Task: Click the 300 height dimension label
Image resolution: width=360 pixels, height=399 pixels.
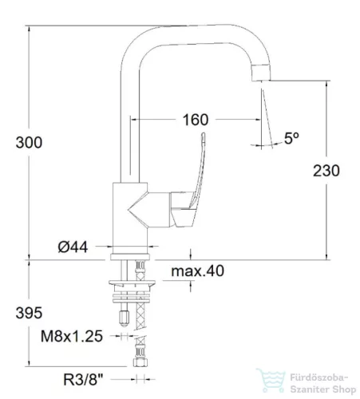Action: pos(29,142)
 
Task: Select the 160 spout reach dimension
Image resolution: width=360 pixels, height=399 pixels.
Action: pos(196,120)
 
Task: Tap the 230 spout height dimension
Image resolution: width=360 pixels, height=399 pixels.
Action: pos(326,171)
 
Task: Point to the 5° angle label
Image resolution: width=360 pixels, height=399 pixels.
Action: pos(291,138)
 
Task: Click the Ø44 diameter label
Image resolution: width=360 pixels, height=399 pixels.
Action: pos(73,247)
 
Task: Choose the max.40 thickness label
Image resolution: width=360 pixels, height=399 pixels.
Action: pos(198,271)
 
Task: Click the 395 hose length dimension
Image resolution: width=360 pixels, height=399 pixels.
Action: pos(29,313)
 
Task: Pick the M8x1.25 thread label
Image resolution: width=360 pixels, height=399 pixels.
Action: pos(72,336)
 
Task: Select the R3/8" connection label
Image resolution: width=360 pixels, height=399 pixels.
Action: pos(83,380)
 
